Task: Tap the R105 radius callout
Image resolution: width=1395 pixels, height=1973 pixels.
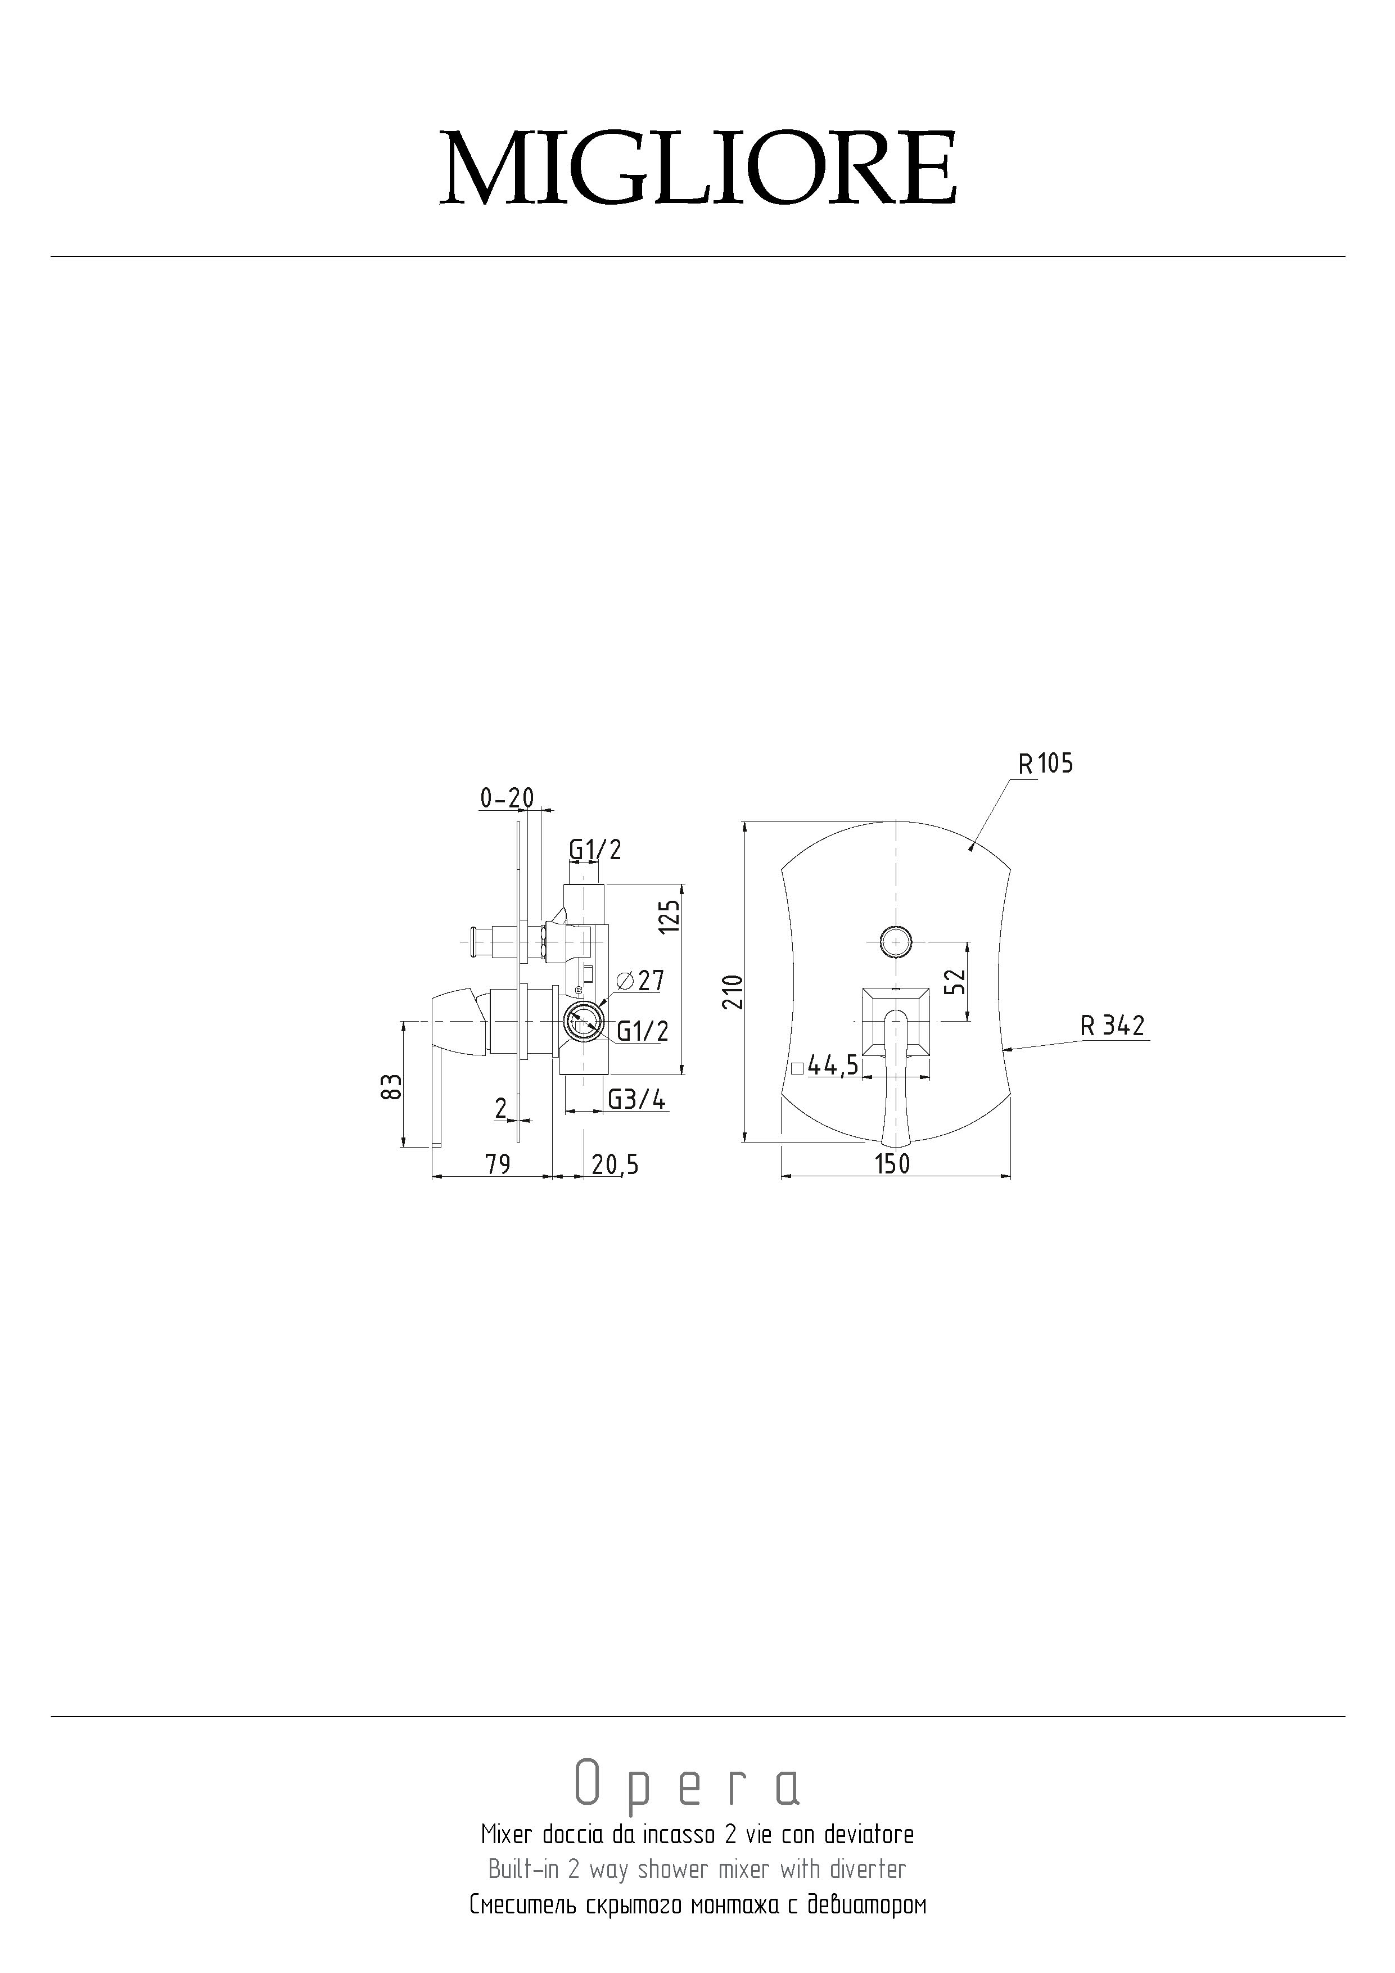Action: tap(1045, 763)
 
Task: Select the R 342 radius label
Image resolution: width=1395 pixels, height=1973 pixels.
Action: tap(1113, 1025)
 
